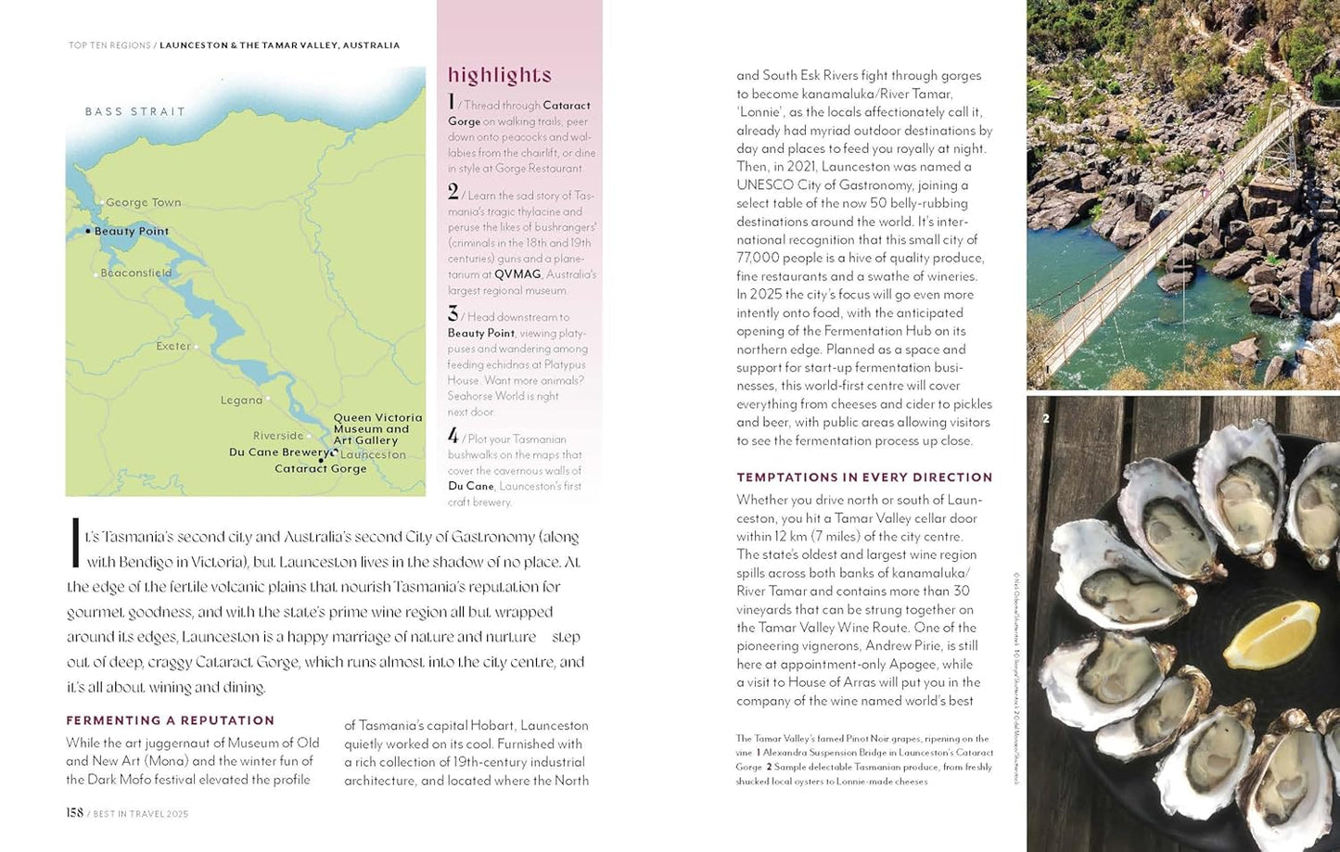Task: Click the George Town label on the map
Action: [x=143, y=203]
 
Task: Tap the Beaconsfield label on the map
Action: [x=136, y=273]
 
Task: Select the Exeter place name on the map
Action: [x=173, y=347]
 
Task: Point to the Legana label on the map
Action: [x=242, y=401]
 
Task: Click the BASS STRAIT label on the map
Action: [x=135, y=112]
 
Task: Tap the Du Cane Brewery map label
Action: [x=278, y=452]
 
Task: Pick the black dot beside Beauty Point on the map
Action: [x=88, y=231]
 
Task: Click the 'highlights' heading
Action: [x=500, y=75]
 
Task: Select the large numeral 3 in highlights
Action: [x=453, y=314]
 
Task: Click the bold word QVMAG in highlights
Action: [x=517, y=275]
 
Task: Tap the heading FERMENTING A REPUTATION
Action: [x=170, y=720]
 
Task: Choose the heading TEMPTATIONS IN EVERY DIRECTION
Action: [x=864, y=477]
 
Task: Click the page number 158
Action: [x=75, y=813]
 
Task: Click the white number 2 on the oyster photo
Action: [x=1046, y=419]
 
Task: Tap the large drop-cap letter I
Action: [x=75, y=543]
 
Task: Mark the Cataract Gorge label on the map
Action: [x=321, y=469]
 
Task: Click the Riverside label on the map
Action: [x=278, y=436]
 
